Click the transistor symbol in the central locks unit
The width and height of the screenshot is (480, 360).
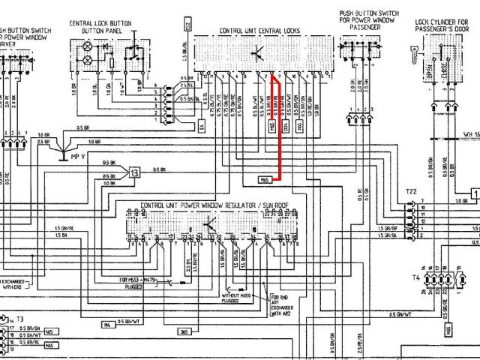[x=257, y=51]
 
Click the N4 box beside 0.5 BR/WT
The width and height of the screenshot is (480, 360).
[x=107, y=304]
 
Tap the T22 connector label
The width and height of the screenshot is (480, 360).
[x=411, y=192]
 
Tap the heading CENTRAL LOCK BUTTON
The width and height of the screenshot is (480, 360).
[x=101, y=23]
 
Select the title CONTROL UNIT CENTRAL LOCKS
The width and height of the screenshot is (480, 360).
[x=259, y=31]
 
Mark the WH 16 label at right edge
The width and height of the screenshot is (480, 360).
[x=471, y=134]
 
